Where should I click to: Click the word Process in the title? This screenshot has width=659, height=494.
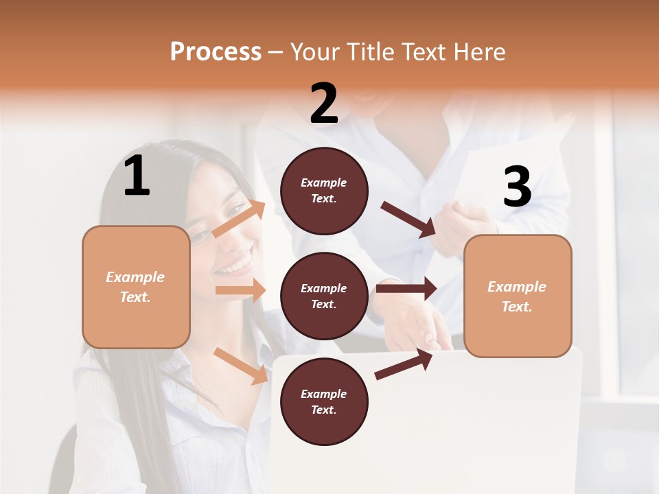click(216, 51)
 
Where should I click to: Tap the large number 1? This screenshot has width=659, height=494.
click(137, 176)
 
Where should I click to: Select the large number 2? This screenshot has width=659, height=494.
click(324, 104)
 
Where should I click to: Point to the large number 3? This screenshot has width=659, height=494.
click(517, 187)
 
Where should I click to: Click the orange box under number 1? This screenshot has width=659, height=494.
click(136, 287)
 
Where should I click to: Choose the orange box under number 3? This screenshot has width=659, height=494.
click(518, 296)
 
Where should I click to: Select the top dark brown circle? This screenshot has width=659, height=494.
click(324, 190)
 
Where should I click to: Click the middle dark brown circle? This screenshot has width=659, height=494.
click(324, 296)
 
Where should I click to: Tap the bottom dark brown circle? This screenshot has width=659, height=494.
click(324, 401)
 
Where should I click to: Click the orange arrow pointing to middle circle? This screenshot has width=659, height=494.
click(240, 290)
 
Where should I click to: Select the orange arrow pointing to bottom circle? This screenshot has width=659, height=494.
click(241, 365)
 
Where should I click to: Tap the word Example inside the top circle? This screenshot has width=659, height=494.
click(324, 183)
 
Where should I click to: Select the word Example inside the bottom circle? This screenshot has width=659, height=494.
click(324, 394)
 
